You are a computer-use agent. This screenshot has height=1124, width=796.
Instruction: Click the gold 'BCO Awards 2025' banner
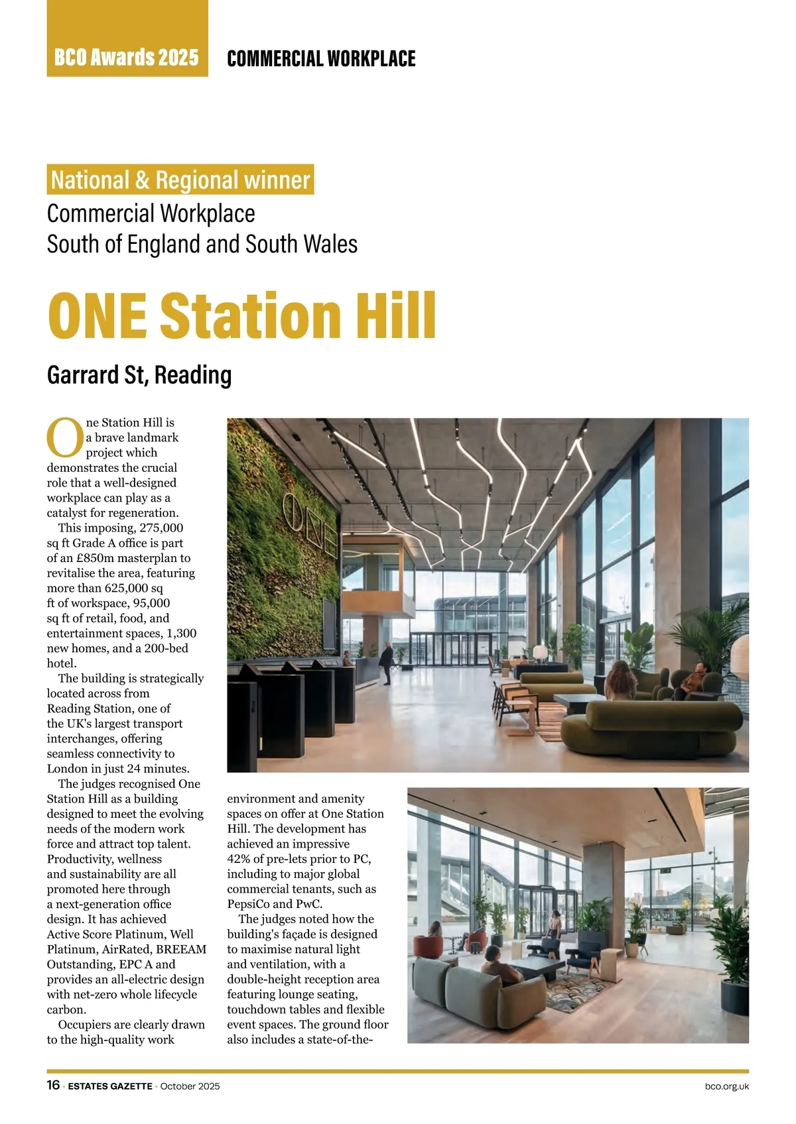coord(127,58)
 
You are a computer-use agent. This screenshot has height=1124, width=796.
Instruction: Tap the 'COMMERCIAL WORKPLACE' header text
coord(321,58)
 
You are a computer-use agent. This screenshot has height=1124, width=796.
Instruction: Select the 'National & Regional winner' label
coord(180,180)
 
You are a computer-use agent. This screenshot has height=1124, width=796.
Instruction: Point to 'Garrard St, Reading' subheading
coord(139,375)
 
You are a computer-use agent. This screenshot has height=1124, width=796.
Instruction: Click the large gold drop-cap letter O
coord(65,437)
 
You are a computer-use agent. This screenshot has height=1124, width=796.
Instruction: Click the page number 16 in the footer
coord(54,1086)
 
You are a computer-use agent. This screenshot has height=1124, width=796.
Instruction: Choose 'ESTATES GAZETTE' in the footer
coord(110,1086)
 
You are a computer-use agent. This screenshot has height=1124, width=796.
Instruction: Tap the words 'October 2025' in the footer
coord(190,1086)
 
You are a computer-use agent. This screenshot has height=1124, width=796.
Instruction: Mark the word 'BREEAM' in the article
coord(181,949)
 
